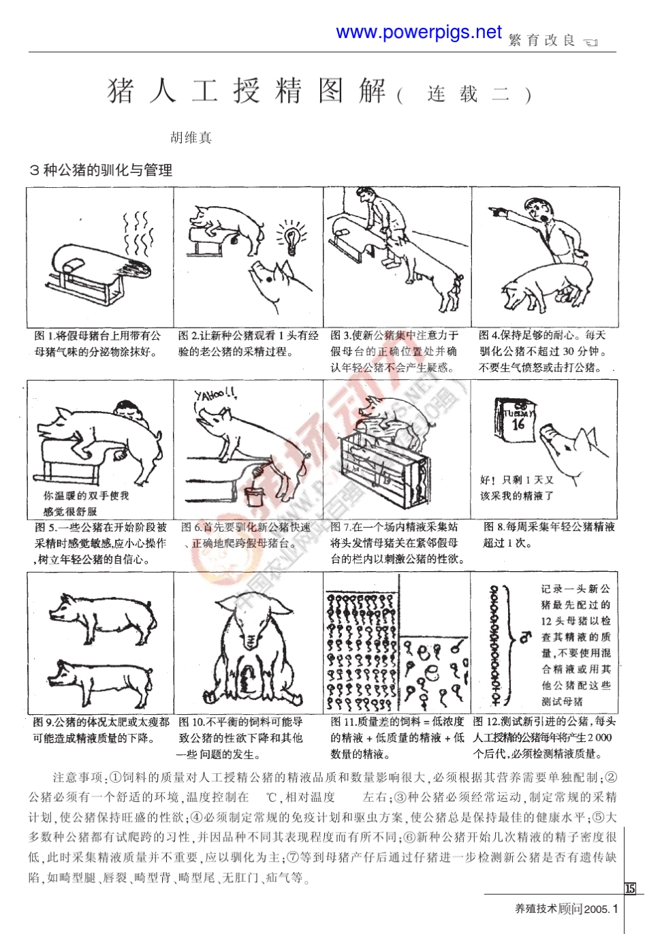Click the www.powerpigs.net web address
[418, 32]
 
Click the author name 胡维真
[191, 138]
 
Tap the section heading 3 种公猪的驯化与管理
[101, 170]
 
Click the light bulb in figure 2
[291, 238]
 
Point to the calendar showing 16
[517, 419]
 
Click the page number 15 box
[630, 888]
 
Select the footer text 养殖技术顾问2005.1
[566, 908]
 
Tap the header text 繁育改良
[542, 41]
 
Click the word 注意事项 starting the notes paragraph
[77, 777]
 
